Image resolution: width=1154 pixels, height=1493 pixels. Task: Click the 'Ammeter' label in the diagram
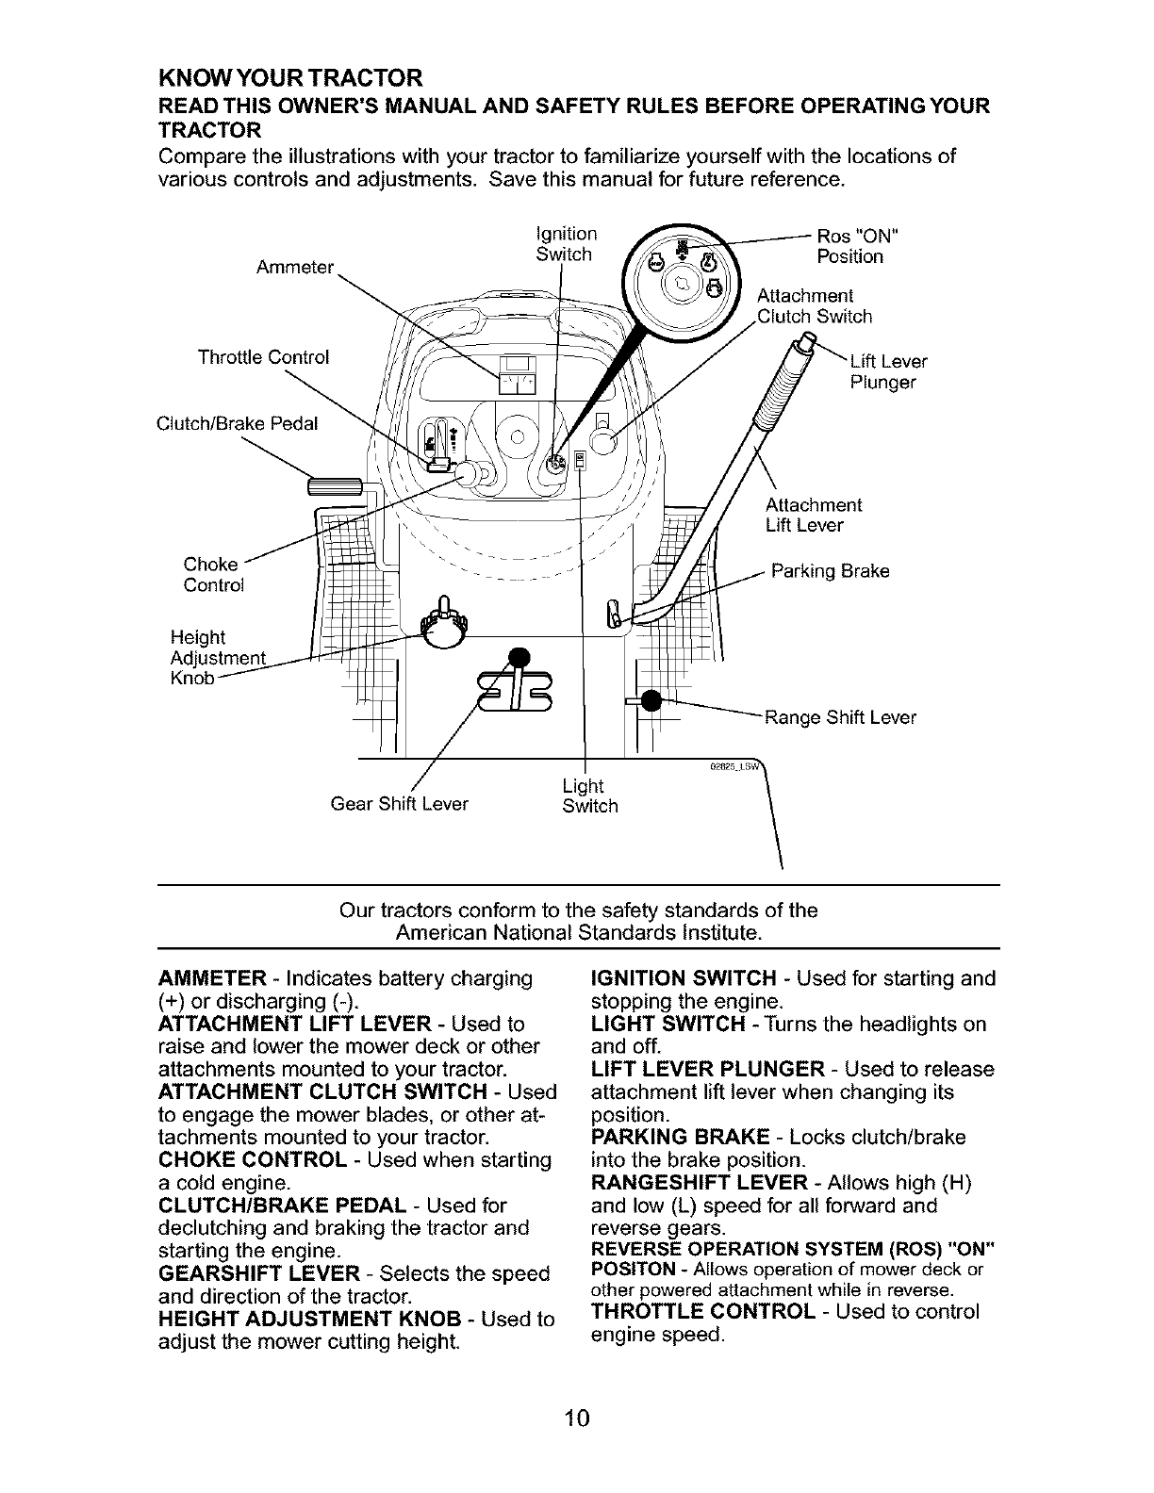pos(295,267)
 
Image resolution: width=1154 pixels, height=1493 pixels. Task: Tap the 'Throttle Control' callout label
pos(263,357)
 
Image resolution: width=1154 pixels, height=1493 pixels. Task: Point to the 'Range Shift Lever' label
pos(840,718)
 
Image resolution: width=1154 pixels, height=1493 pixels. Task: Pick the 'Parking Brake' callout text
pos(830,571)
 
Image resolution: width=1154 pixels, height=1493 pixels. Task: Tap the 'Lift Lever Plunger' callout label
pos(887,372)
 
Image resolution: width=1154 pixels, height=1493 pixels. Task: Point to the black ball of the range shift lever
pos(649,701)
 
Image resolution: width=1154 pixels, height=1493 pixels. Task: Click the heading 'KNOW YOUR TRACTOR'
pos(289,75)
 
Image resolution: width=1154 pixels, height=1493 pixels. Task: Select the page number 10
pos(577,1418)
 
